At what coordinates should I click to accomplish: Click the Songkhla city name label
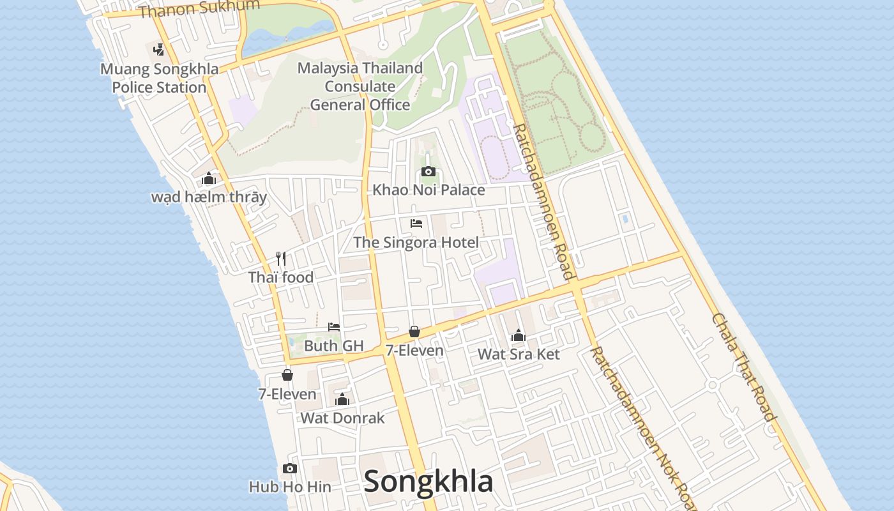(428, 482)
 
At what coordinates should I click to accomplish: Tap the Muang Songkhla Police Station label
(159, 79)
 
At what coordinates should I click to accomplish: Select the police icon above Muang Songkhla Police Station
(158, 49)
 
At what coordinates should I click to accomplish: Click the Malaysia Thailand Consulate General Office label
(360, 86)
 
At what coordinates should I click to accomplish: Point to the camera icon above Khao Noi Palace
(428, 171)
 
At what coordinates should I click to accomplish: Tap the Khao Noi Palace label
(428, 190)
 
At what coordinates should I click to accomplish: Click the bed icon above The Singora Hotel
(416, 224)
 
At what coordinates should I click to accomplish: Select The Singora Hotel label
(416, 243)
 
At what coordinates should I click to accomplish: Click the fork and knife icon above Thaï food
(281, 259)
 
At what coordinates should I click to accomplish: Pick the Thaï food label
(281, 277)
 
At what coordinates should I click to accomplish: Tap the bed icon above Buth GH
(334, 327)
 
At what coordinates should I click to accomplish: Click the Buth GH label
(334, 346)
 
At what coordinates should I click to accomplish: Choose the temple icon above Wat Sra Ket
(519, 335)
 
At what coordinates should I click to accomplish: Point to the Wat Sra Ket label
(519, 354)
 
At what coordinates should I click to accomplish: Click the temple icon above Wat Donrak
(342, 399)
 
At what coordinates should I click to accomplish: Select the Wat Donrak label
(342, 418)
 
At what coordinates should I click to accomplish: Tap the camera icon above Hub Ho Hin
(290, 468)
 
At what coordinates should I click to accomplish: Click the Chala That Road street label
(744, 367)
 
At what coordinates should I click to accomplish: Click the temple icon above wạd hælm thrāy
(209, 179)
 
